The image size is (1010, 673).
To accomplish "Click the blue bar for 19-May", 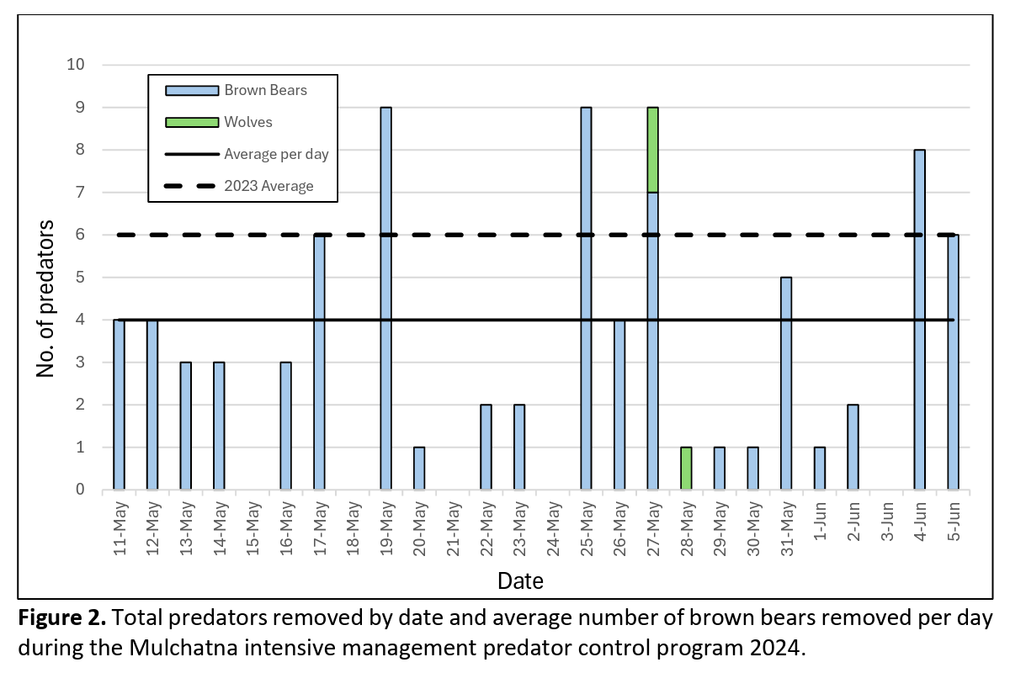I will pos(385,299).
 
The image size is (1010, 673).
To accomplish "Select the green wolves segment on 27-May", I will pos(652,150).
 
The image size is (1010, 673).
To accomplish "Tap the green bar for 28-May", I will pos(686,469).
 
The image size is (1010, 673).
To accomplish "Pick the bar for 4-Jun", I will pos(919,320).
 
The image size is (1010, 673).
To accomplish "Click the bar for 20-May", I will pos(419,469).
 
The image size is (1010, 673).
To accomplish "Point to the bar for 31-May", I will pos(786,384).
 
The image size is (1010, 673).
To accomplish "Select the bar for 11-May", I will pos(119,405).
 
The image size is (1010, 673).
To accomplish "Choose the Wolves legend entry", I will pos(248,123).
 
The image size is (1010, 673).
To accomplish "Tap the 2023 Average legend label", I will pos(268,186).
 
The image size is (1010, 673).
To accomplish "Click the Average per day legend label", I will pos(275,154).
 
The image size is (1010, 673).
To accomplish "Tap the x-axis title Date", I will pos(520,580).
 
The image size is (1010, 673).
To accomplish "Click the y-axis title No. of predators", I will pos(47,299).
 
